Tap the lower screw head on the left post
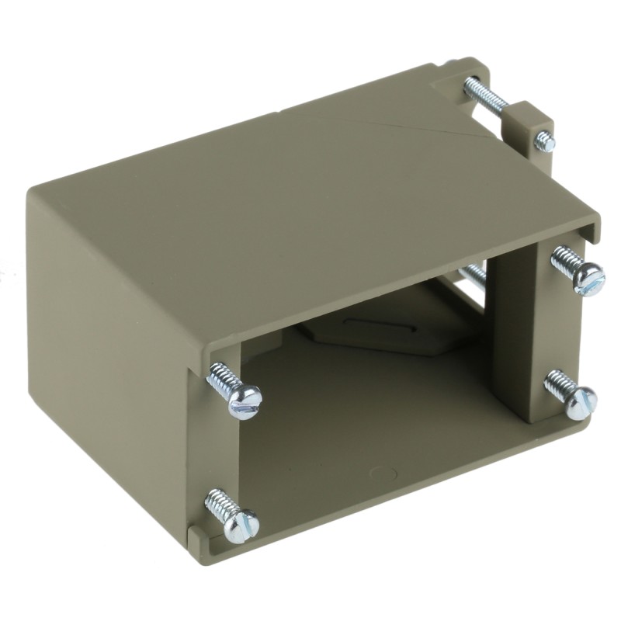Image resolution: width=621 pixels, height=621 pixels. tap(241, 526)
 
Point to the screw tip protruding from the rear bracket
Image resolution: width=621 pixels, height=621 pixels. tap(546, 142)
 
